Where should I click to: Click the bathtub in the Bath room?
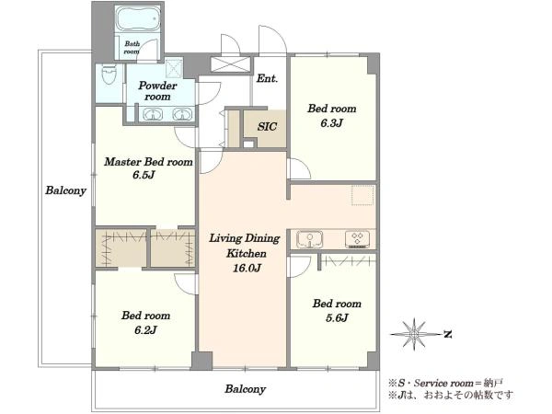tap(138, 18)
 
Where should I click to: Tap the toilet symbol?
tap(109, 75)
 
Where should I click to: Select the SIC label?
tap(267, 126)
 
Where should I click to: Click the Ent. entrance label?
tap(267, 78)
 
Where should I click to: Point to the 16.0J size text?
tap(247, 269)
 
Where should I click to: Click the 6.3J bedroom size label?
tap(331, 123)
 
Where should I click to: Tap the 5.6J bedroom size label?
tap(337, 318)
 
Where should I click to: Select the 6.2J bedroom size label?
tap(145, 330)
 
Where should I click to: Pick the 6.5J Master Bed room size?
tap(144, 175)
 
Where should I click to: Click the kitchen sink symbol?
tap(309, 239)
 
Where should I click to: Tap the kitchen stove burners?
tap(357, 239)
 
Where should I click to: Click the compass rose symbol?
tap(414, 334)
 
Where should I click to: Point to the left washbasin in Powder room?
tap(153, 114)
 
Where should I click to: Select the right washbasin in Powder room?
tap(181, 114)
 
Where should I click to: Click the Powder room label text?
tap(157, 91)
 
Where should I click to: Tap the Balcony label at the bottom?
tap(245, 389)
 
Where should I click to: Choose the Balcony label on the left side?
tap(65, 190)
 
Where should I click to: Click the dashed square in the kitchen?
tap(362, 195)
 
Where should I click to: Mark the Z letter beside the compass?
tap(447, 334)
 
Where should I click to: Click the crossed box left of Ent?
tap(231, 64)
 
